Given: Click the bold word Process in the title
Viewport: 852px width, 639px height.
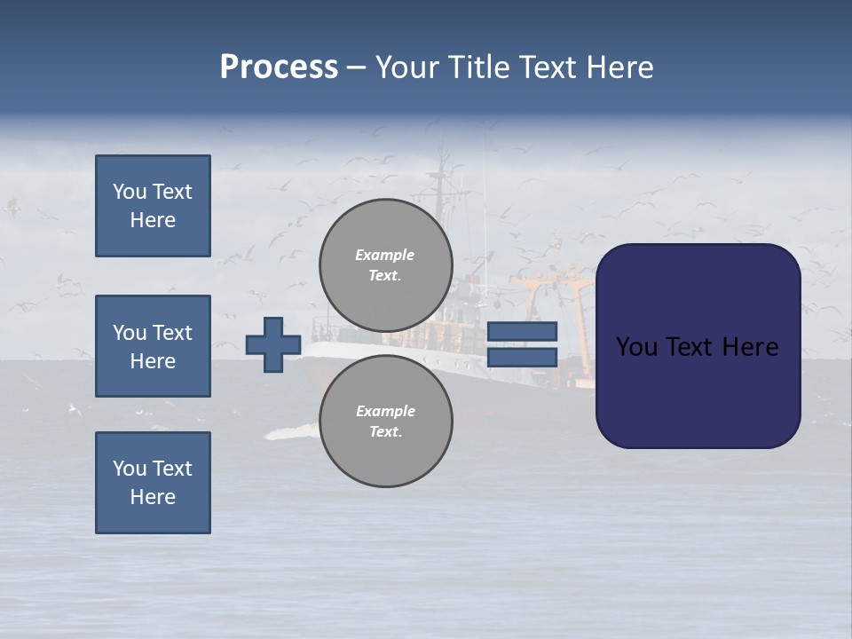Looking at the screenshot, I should pos(279,67).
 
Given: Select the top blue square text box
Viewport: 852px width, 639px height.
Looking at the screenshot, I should pos(153,206).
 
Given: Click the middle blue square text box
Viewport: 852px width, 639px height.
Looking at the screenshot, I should pos(153,346).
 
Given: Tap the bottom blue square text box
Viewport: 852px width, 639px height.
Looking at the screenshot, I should pos(153,483).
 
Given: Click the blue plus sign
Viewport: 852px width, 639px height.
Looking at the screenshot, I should pos(273,344).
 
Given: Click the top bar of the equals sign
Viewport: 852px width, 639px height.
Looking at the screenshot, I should pos(522,331).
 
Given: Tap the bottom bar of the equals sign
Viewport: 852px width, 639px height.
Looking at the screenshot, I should pos(522,357).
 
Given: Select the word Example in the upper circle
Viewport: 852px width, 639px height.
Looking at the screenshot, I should pos(384,255).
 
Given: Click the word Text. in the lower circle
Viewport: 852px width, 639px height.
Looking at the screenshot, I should pos(385,431).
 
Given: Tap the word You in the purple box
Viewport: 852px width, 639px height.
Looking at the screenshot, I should pos(635,347).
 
